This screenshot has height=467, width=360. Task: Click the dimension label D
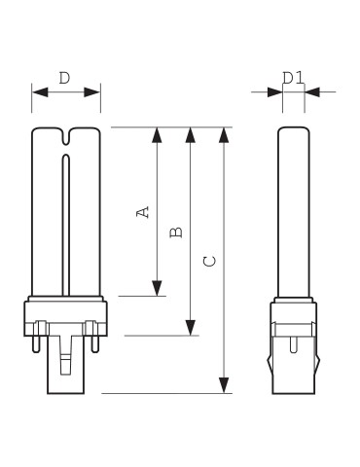point(64,78)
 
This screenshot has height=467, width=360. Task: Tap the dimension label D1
point(293,78)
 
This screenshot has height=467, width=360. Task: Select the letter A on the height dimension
point(143,212)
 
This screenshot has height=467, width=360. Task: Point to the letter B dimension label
point(176,233)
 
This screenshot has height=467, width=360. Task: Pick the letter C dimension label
point(209,261)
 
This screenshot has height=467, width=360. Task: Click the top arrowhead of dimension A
point(157,135)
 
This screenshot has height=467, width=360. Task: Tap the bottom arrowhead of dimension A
point(157,288)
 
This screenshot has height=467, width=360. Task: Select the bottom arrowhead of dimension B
point(191,328)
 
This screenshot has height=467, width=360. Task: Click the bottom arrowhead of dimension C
point(224,385)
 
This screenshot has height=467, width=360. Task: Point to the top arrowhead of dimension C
point(224,135)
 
